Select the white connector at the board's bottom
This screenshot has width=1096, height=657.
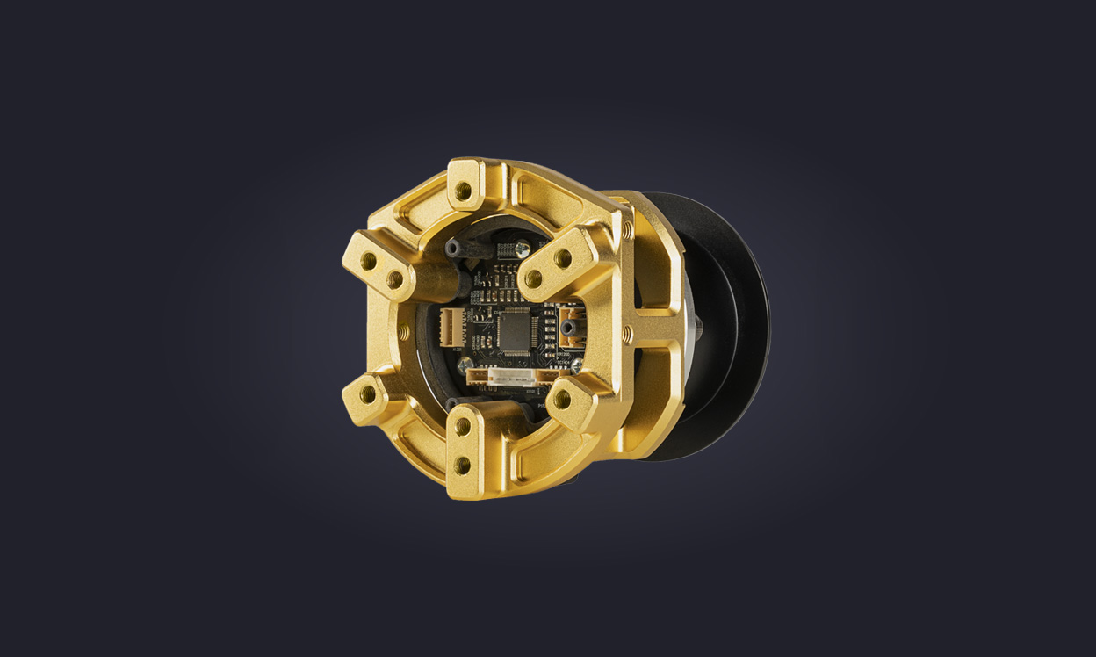click(x=514, y=376)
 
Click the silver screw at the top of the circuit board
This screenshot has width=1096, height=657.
click(x=523, y=249)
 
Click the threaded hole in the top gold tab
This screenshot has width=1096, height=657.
click(x=463, y=191)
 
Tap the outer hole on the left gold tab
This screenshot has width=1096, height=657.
click(x=369, y=261)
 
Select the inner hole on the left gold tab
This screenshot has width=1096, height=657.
click(x=394, y=279)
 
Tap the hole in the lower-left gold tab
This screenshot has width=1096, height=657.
click(x=368, y=394)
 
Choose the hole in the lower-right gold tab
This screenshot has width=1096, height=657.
click(x=561, y=400)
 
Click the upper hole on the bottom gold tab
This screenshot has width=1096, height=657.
click(x=463, y=429)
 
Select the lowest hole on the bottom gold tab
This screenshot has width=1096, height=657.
click(x=462, y=465)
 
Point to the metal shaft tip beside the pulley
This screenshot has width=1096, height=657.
click(x=699, y=328)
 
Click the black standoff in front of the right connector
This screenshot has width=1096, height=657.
click(x=570, y=328)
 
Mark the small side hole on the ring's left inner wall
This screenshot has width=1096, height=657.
click(x=404, y=332)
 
